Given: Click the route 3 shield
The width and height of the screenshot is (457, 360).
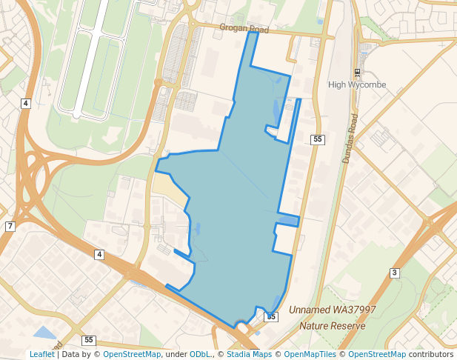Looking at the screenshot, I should pos(395,273).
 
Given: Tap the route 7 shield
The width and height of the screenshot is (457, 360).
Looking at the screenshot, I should pos(10,226).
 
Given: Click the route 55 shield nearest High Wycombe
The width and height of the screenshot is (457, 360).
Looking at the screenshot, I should pos(318,139).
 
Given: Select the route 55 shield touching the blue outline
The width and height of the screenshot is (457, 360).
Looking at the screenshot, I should pos(271,316).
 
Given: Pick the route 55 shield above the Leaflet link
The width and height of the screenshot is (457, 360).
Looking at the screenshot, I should pos(89,340).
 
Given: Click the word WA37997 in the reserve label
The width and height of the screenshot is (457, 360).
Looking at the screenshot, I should pos(354,310).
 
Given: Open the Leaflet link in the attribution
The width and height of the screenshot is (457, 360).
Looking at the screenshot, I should pos(42,355).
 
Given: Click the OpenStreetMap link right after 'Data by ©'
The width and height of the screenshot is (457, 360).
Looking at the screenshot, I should pos(132,355).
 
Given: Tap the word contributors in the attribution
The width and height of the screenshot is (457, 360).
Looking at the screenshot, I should pos(431,355).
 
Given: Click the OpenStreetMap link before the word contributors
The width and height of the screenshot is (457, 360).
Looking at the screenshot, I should pos(377,355).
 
